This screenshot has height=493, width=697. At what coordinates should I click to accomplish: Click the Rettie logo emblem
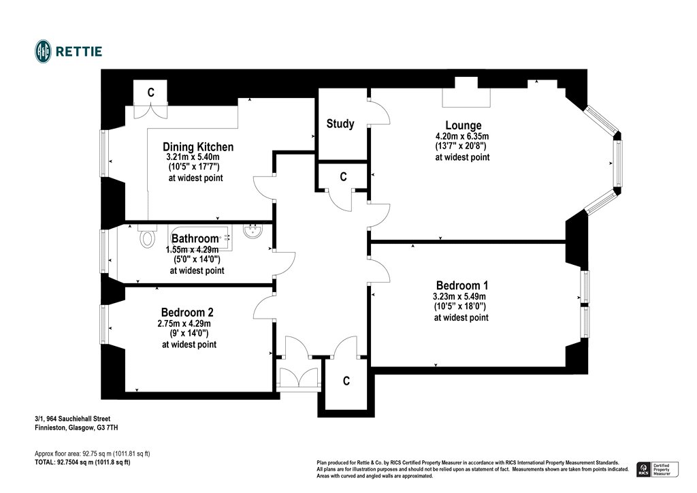pos(44,51)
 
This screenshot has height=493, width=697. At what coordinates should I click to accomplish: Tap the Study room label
pos(340,124)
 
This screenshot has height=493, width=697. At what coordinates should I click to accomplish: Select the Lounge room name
pos(463,125)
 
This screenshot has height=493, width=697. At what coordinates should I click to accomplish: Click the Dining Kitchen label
pos(198,147)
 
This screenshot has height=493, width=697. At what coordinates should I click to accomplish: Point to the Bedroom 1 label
pos(461,285)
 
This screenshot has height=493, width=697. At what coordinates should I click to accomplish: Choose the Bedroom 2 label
pos(187,313)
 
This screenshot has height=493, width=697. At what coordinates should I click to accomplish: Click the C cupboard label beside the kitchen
pos(150,93)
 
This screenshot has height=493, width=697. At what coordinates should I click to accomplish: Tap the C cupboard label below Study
pos(344,177)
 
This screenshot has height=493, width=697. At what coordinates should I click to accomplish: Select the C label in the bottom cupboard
pos(346,381)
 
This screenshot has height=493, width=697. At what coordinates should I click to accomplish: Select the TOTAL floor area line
pos(82,462)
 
